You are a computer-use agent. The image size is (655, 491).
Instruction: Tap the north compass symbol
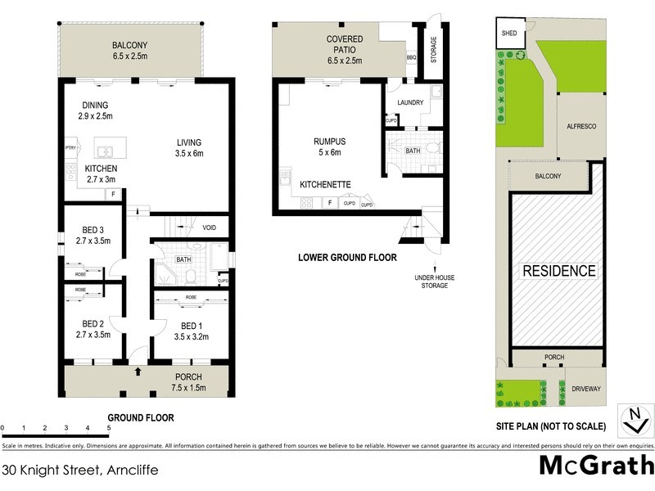pos(633,419)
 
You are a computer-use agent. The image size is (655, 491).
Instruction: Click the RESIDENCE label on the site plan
pos(560,271)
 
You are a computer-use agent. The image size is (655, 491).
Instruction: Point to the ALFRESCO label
pos(580,127)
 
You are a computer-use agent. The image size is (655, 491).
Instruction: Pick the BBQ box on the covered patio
pos(412,58)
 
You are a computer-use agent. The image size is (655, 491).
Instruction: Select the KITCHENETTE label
pos(326,185)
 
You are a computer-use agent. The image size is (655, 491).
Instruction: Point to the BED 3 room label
pos(92,234)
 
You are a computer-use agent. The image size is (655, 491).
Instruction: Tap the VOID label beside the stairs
pos(209,227)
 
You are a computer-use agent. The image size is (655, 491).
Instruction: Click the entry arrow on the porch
pos(138,372)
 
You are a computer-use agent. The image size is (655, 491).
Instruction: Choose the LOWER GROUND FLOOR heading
pos(346,258)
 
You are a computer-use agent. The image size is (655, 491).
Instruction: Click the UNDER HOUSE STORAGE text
pos(435,282)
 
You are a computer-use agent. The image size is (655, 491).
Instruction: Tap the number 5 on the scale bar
pos(108,427)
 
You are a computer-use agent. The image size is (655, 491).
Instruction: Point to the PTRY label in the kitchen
pos(70,147)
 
